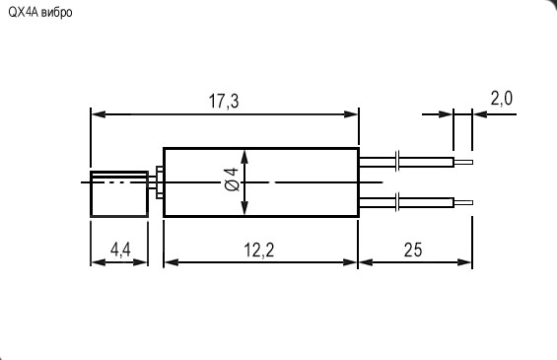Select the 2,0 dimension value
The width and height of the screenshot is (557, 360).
501,99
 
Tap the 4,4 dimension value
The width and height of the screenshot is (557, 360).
120,250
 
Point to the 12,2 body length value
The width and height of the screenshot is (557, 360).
258,250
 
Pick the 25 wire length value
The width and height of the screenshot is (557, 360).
412,250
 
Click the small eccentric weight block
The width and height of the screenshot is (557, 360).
119,193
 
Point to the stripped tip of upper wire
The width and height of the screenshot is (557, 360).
464,162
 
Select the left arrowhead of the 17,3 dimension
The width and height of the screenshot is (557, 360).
97,114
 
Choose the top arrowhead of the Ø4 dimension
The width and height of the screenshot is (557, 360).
244,154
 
